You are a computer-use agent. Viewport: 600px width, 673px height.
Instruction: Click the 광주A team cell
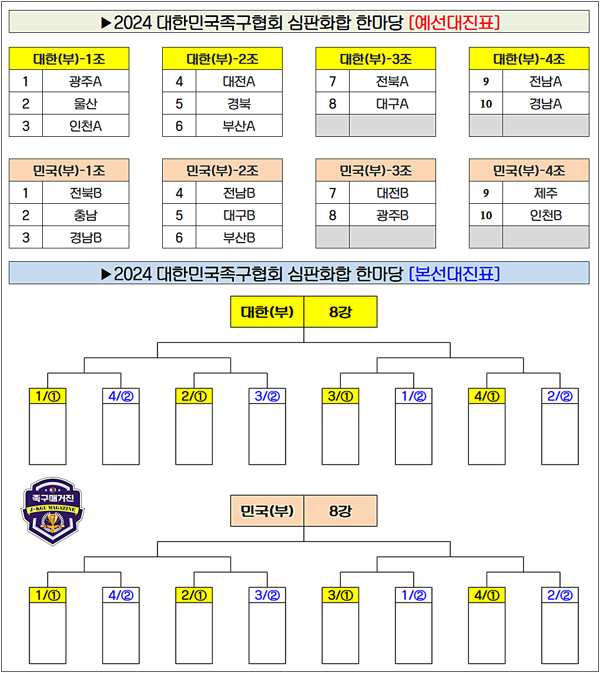point(86,81)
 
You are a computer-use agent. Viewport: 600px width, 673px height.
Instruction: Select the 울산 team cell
point(86,103)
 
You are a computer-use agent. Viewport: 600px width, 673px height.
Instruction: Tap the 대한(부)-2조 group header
point(222,59)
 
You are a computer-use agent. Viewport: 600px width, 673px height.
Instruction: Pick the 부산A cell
point(239,126)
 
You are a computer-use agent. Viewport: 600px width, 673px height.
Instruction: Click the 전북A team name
point(393,81)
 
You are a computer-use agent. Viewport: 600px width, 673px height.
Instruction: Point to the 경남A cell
point(546,103)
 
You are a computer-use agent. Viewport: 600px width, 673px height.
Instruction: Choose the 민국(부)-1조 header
point(69,170)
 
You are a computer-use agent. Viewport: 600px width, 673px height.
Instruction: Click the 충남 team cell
point(86,215)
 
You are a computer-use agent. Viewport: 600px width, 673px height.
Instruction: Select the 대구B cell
point(239,215)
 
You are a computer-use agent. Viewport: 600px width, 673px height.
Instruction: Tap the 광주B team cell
point(393,215)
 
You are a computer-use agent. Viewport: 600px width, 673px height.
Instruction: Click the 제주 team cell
point(546,193)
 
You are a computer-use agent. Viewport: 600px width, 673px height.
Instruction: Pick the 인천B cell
point(546,215)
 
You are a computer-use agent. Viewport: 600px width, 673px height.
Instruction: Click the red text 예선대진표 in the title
point(454,22)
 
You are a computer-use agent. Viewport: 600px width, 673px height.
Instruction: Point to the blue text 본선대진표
point(454,273)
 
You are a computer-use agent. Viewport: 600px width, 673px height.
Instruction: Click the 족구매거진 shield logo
point(53,510)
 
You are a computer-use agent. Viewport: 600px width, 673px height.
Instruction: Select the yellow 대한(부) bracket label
point(267,311)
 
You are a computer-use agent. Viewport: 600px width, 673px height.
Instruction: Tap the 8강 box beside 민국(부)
point(340,511)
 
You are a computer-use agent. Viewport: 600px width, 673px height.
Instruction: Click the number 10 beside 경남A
point(486,104)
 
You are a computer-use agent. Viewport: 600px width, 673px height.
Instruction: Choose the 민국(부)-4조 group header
point(529,170)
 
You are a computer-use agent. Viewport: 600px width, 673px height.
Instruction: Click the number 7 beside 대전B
point(333,193)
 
